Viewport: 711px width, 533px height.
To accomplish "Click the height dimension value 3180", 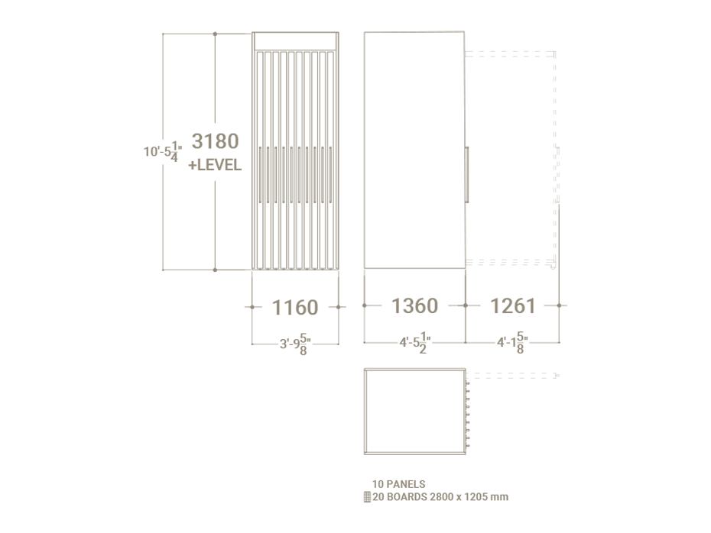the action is point(215,141).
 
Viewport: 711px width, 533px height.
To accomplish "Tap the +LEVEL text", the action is point(215,165).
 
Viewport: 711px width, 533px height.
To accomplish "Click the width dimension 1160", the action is point(295,308).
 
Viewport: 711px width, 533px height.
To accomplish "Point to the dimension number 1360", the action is point(414,305).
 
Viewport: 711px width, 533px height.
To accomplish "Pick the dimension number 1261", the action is point(513,305).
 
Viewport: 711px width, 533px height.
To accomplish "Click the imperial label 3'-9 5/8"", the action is point(295,344).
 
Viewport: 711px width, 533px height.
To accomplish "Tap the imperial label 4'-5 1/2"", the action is point(415,343).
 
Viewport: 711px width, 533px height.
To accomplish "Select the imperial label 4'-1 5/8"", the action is point(512,343).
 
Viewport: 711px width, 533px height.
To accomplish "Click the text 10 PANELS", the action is point(398,484).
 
